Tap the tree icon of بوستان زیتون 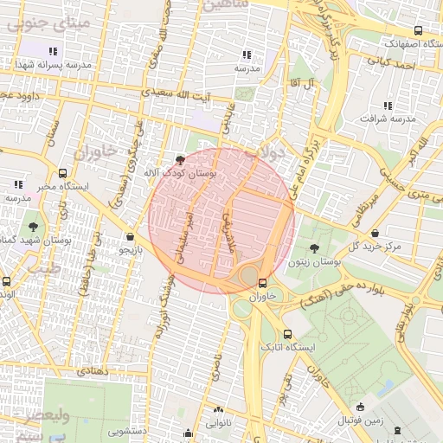coord(313,248)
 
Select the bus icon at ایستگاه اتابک coord(287,335)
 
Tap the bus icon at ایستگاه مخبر coord(62,172)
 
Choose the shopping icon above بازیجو coord(130,236)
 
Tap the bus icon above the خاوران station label coord(261,282)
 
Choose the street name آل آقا coord(303,81)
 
